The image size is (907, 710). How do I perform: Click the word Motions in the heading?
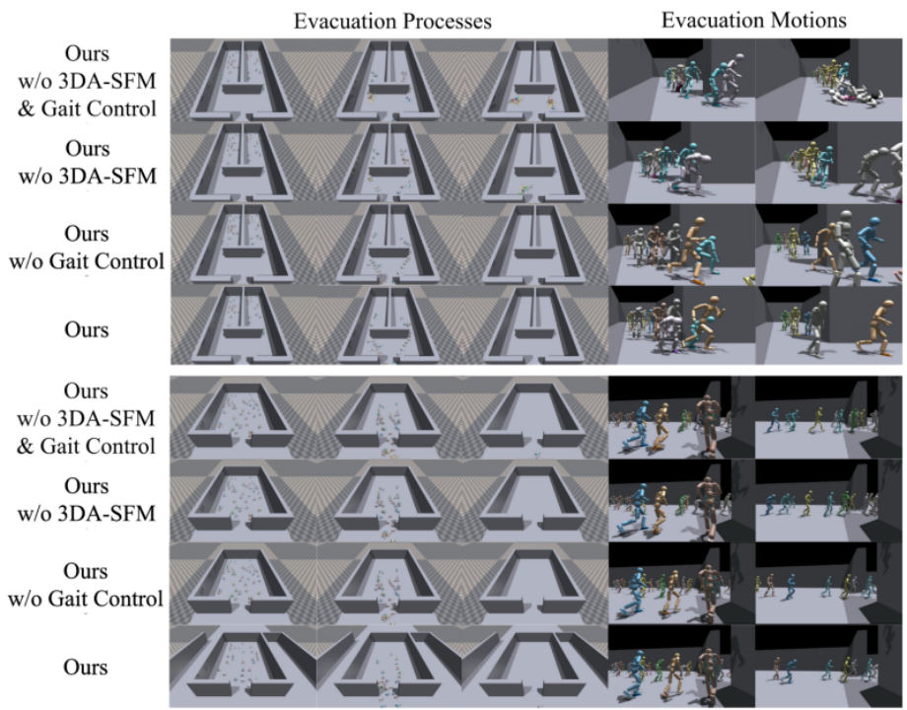pos(804,21)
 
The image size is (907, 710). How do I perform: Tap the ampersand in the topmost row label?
pos(26,108)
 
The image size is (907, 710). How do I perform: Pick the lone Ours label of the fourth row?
pos(87,329)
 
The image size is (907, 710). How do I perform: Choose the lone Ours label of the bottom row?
pos(86,667)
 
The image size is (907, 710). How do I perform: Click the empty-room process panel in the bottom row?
pos(535,668)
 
